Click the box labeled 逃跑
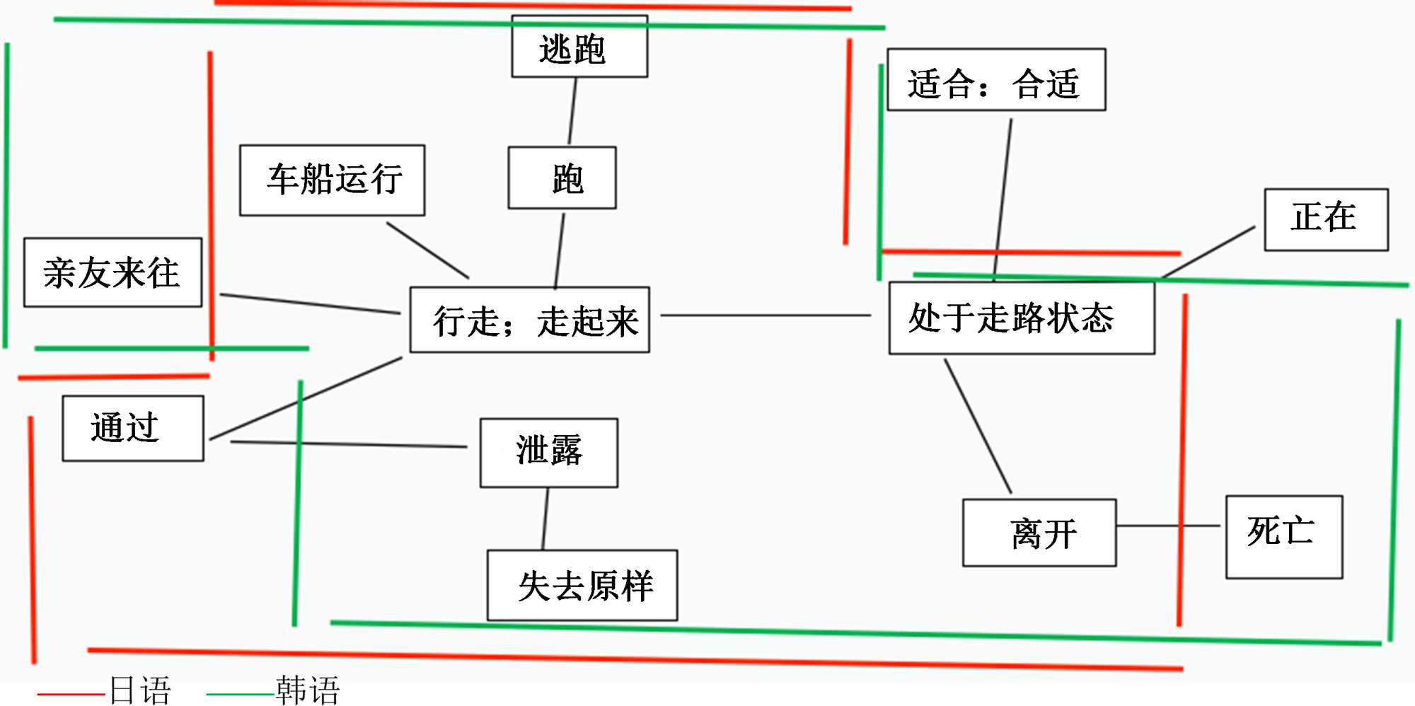[579, 47]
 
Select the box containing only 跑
[562, 178]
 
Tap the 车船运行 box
[332, 180]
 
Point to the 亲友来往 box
[112, 272]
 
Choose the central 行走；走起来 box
[529, 320]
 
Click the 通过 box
[133, 428]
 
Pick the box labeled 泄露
[548, 452]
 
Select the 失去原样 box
[582, 585]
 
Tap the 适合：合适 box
[995, 80]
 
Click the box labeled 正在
[1326, 219]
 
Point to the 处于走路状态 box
[1021, 318]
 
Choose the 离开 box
[1039, 533]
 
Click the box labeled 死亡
[1283, 536]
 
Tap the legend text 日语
[140, 691]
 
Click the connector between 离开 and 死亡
[1167, 526]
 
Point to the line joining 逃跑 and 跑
[572, 111]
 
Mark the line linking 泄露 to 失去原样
[545, 519]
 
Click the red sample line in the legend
[71, 694]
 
